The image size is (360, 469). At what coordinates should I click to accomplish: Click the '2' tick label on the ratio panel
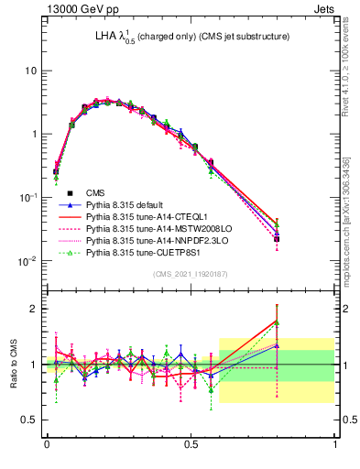(x=35, y=309)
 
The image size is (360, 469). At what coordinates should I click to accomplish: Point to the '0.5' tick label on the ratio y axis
(x=30, y=420)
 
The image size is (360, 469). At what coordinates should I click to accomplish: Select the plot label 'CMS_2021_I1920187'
(x=191, y=275)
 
